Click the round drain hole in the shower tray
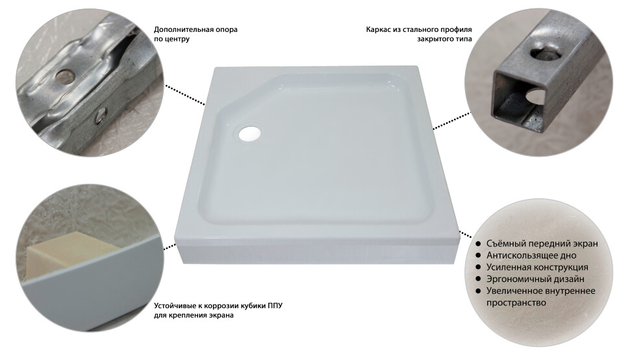250,133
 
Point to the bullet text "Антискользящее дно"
531,255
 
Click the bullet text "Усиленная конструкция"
537,267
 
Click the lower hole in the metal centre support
99,115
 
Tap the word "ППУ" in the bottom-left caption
275,306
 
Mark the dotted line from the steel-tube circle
452,121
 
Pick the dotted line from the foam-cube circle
170,246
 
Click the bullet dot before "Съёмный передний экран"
478,244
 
